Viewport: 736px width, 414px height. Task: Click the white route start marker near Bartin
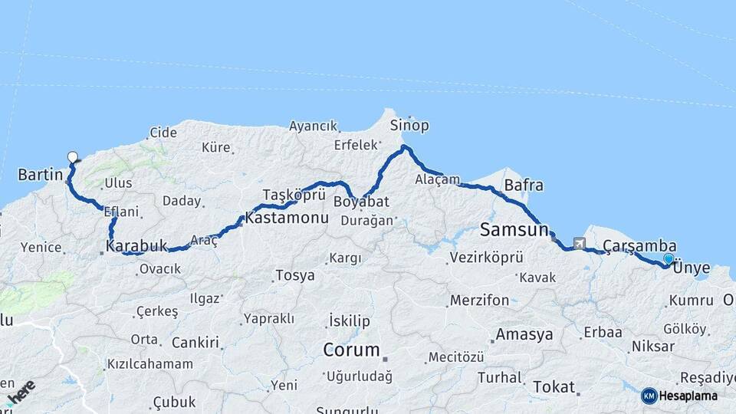73,157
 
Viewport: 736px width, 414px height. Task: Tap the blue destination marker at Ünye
669,260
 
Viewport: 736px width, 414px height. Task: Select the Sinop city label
409,125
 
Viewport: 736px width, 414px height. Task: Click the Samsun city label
514,229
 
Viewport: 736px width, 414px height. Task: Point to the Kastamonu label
287,218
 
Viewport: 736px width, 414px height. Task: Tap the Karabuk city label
136,247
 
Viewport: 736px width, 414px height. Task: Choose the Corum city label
351,350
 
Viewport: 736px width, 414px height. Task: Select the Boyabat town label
361,202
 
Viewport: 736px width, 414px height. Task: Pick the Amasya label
524,334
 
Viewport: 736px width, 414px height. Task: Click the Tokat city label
553,386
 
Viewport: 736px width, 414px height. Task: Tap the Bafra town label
524,186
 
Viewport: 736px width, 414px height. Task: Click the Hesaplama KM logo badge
680,396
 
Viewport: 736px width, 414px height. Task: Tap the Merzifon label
479,301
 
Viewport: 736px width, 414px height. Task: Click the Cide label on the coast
163,133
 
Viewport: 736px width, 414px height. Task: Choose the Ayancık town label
313,126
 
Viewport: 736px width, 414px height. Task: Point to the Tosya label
295,274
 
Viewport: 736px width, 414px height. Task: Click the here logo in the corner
21,391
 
